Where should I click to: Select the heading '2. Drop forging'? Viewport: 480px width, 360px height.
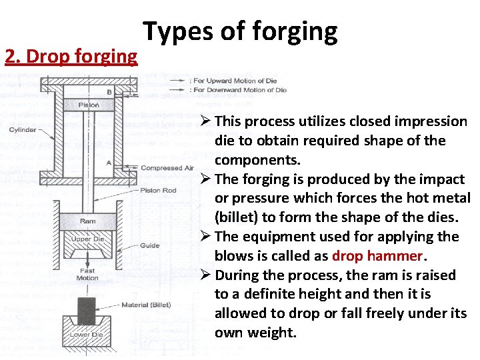[71, 56]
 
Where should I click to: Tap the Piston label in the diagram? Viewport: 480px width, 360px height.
[89, 105]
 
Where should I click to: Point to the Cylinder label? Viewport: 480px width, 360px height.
[23, 129]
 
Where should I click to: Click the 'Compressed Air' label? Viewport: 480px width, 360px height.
[166, 169]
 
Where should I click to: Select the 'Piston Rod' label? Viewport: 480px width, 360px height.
[158, 190]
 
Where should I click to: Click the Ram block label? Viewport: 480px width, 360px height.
[87, 221]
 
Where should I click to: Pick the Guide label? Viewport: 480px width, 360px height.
[150, 245]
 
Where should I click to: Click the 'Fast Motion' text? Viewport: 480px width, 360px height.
[88, 275]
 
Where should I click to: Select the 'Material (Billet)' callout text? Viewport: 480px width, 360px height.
[146, 305]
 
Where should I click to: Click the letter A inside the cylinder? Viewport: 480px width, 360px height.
[109, 162]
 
